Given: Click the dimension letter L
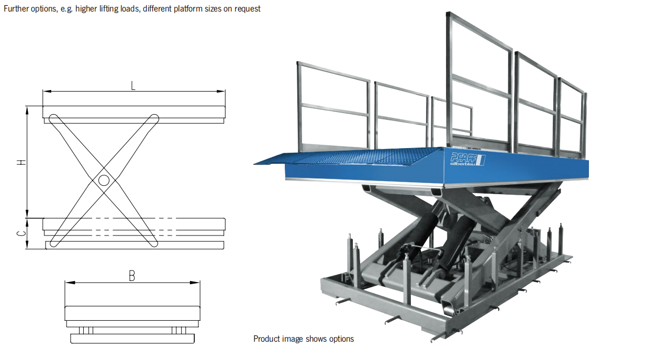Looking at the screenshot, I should [x=133, y=85].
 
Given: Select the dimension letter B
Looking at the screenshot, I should [x=132, y=276].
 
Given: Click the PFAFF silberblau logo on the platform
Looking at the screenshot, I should [x=466, y=159].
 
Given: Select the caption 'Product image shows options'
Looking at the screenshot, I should [x=304, y=339].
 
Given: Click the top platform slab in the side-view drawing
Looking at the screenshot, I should [x=134, y=111].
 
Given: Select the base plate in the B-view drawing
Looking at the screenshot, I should [x=132, y=339].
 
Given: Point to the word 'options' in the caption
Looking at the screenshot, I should [x=341, y=339].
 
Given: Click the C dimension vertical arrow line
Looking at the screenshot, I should [x=27, y=233].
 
